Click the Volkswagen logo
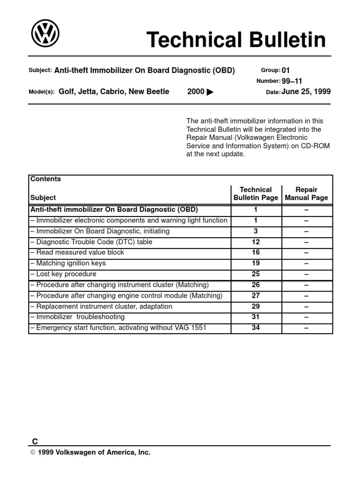coord(45,34)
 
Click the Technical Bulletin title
coord(236,40)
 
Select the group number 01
coord(286,70)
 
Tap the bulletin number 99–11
coord(292,81)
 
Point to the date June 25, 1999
coord(306,92)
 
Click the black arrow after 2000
coord(210,92)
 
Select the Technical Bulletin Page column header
coord(256,194)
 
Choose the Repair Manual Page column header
coord(307,194)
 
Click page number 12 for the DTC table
coord(256,242)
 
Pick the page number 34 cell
coord(256,328)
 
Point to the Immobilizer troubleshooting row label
coord(77,317)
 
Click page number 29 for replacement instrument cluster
coord(256,307)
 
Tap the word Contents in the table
coord(45,179)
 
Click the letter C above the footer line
coord(35,441)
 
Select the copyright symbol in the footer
coord(33,453)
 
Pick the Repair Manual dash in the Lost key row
coord(307,274)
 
